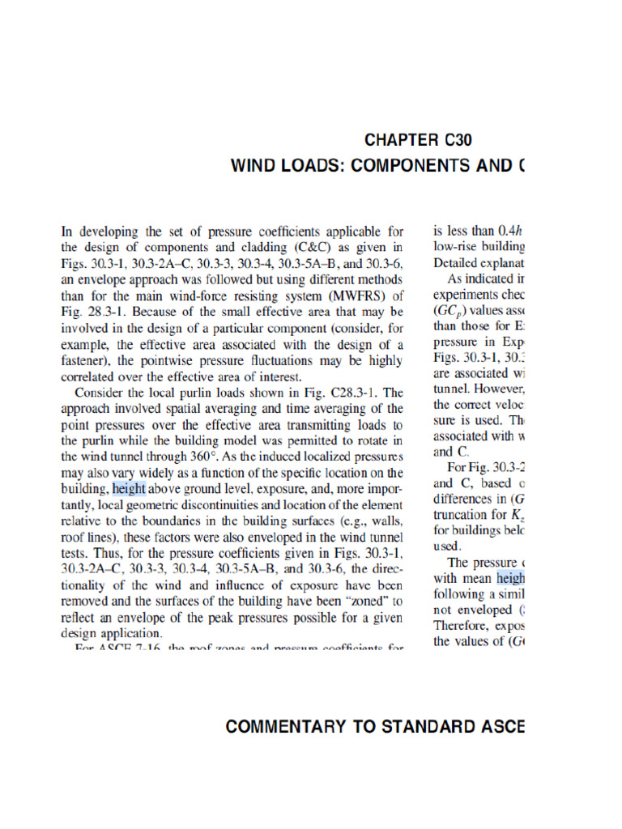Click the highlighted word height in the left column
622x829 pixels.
tap(130, 488)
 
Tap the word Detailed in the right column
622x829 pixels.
tap(458, 262)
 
